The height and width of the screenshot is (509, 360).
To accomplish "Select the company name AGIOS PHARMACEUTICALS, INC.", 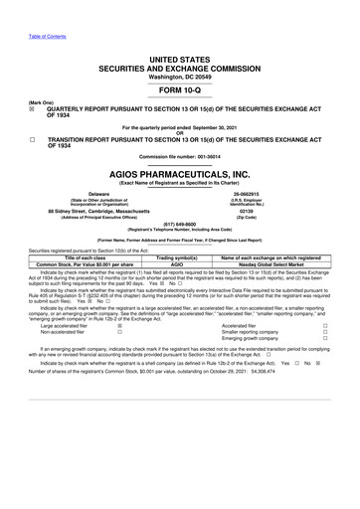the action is [x=179, y=172].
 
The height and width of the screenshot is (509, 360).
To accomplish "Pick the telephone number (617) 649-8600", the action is [x=179, y=224].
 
